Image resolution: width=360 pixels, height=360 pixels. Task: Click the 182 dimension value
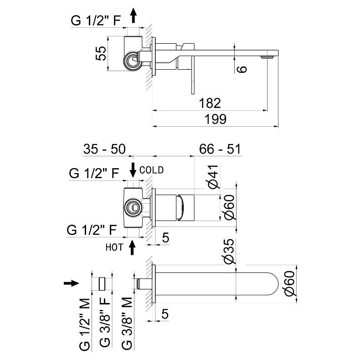(x=210, y=103)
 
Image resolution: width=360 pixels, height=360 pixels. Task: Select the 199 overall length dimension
(x=216, y=119)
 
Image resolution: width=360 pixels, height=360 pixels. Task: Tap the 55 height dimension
(x=101, y=53)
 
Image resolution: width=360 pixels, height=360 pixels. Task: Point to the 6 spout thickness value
(x=242, y=69)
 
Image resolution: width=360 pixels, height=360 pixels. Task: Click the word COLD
(x=151, y=170)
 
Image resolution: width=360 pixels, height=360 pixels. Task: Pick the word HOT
(x=114, y=247)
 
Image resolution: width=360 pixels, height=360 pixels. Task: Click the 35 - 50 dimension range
(x=104, y=149)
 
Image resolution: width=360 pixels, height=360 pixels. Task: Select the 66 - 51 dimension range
(x=220, y=149)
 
